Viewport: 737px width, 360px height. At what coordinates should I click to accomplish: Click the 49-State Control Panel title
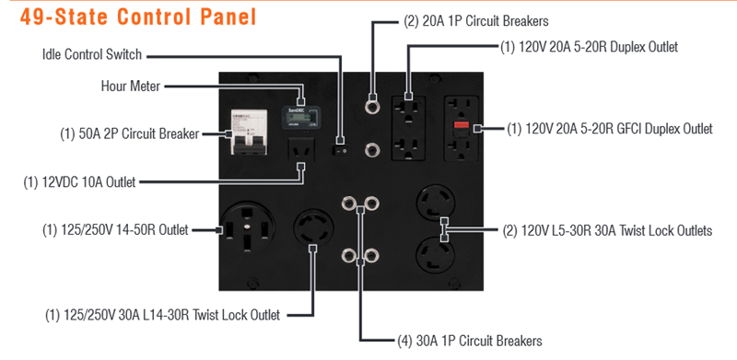point(138,17)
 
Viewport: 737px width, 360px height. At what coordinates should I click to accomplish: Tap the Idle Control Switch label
point(91,54)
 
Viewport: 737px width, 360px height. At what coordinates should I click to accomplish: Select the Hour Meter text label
point(131,87)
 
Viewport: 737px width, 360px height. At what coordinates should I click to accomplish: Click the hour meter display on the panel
point(301,117)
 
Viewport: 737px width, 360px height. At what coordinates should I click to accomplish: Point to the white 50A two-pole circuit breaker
point(249,132)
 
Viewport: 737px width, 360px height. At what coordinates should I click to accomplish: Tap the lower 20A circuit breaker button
point(373,150)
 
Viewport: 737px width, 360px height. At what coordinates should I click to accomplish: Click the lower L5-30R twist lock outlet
point(436,255)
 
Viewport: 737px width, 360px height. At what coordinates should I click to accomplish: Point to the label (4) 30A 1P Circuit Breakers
point(470,341)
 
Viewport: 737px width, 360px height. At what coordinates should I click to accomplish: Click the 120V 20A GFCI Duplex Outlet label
point(610,128)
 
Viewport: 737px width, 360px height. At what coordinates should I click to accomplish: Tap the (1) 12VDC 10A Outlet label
point(79,182)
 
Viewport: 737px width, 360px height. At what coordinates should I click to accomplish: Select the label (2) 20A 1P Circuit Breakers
point(475,21)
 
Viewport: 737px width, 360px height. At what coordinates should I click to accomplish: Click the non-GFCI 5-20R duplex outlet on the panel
point(409,129)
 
